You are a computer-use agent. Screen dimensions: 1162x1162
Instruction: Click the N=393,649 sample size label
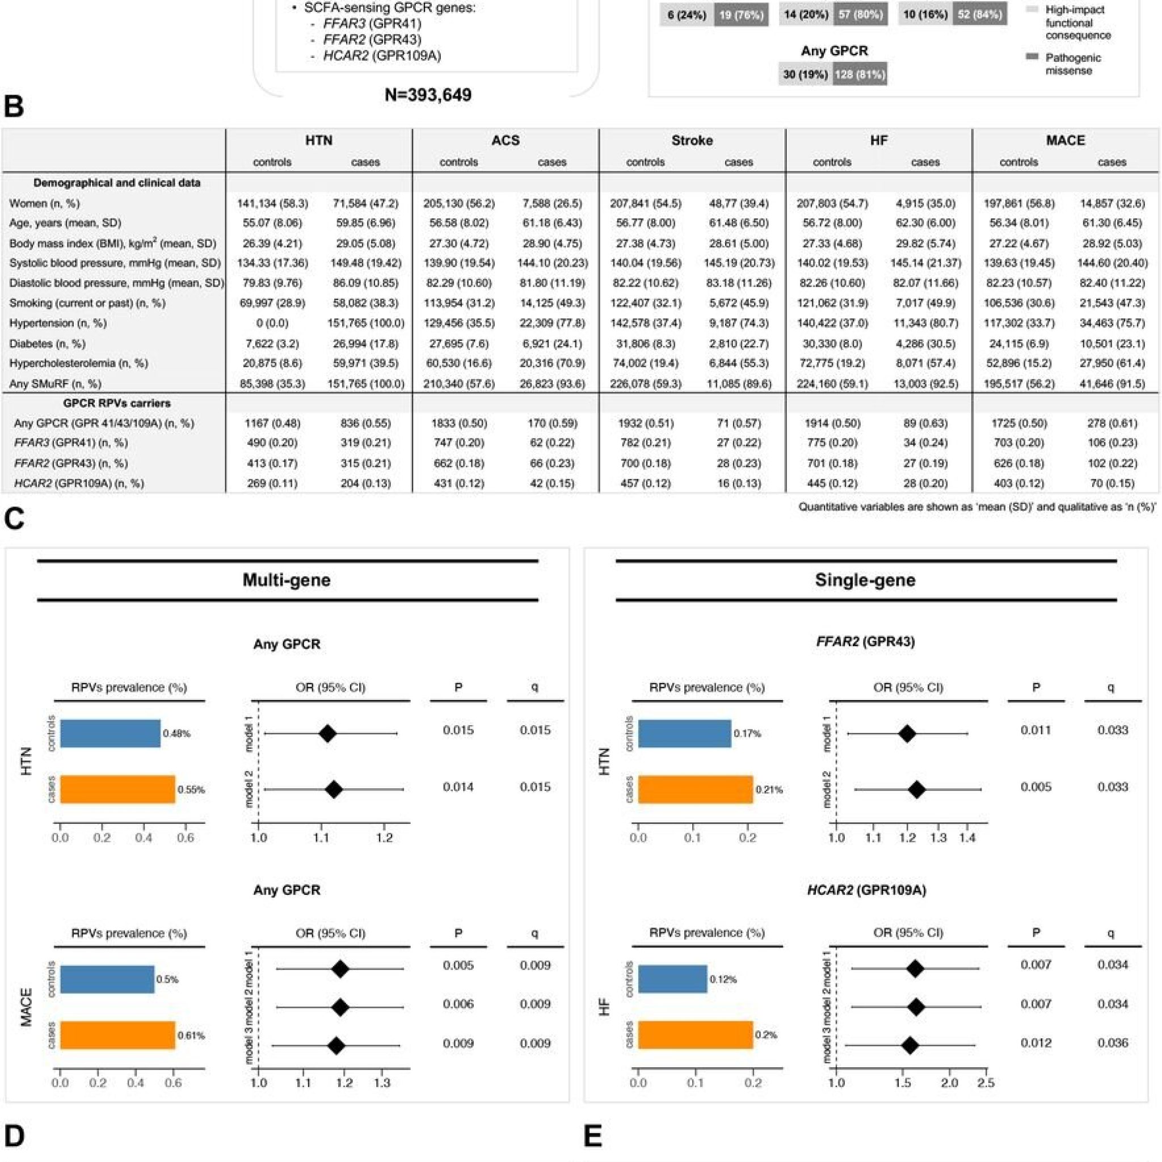[428, 94]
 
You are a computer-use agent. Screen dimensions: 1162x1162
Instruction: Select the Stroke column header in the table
[692, 140]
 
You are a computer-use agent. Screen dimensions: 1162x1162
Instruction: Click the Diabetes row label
[47, 343]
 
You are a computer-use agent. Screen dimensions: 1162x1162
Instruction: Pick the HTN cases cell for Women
[365, 203]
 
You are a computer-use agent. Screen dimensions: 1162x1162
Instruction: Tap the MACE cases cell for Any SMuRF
[1112, 383]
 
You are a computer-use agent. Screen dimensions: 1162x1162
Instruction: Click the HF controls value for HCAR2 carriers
[832, 483]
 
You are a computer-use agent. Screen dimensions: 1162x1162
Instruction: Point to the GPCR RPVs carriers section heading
[117, 403]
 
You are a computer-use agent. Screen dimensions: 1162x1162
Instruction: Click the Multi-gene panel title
[287, 580]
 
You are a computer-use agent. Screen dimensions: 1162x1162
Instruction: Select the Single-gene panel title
[865, 580]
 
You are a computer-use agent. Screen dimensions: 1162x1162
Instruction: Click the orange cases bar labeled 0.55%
[118, 789]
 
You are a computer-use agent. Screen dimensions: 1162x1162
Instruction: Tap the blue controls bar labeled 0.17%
[684, 733]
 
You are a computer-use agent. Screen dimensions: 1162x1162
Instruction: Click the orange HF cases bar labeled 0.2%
[695, 1034]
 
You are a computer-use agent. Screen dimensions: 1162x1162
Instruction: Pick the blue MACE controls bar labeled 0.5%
[107, 979]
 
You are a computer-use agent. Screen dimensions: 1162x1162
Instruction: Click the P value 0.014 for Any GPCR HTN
[458, 787]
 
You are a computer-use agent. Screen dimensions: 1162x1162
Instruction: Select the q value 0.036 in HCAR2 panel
[1113, 1043]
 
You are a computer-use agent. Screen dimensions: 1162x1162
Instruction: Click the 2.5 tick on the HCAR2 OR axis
[986, 1083]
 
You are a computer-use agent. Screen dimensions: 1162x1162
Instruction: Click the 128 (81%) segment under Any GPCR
[860, 74]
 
